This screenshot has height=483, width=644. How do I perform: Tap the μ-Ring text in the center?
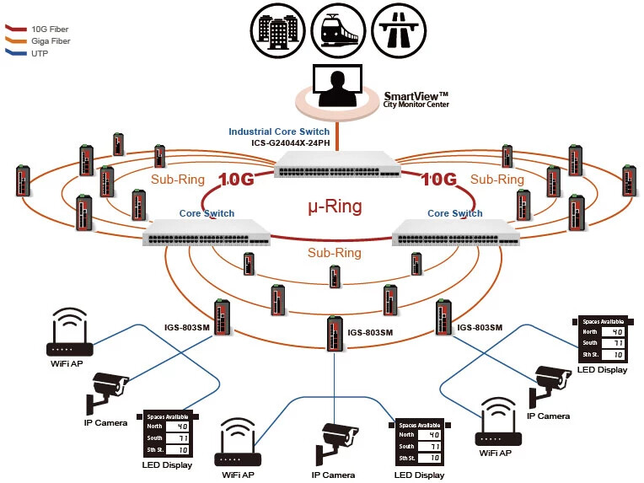click(335, 207)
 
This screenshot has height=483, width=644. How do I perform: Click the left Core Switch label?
click(207, 213)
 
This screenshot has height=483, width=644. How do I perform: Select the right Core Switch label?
click(455, 213)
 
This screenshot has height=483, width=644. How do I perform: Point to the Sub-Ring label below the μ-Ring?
click(334, 253)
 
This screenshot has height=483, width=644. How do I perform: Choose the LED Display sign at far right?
click(600, 339)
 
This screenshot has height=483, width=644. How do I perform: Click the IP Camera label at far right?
click(548, 416)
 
